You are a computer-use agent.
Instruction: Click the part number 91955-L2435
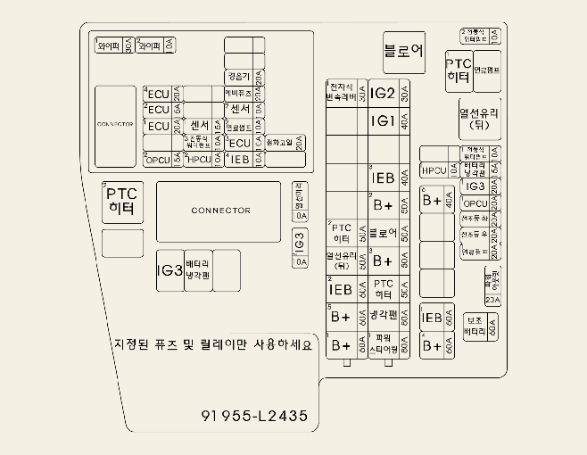click(254, 416)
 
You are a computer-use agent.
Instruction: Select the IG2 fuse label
click(383, 93)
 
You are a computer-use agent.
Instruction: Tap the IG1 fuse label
click(383, 120)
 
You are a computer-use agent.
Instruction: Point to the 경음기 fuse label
click(237, 76)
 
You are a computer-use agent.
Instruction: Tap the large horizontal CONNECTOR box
click(220, 211)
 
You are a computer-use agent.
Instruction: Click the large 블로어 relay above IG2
click(403, 52)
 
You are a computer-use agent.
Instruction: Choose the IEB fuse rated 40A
click(383, 178)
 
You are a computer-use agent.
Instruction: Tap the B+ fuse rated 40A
click(433, 201)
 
